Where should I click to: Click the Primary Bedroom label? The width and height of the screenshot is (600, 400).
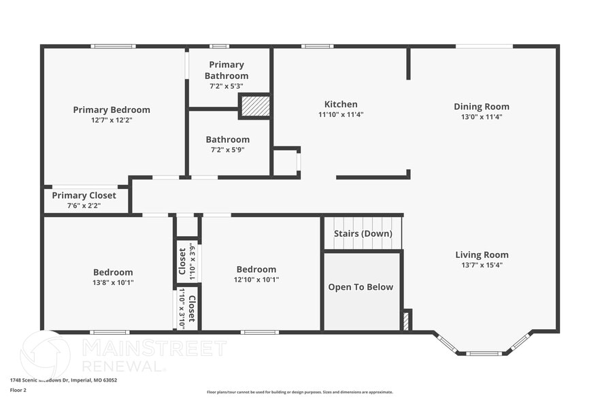[x=112, y=110]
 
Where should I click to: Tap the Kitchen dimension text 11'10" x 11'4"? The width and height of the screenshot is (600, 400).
[x=341, y=115]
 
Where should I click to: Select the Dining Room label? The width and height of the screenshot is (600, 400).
[x=482, y=107]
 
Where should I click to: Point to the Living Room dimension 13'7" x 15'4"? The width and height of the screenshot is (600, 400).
[x=482, y=265]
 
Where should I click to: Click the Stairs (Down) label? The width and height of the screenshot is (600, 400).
[x=363, y=234]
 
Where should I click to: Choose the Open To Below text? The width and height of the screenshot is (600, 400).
[x=361, y=287]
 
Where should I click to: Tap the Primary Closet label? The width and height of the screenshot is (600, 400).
[x=84, y=195]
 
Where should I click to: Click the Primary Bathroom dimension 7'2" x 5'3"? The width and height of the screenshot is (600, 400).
[x=227, y=86]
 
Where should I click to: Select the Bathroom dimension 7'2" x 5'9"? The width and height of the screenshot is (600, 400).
[x=228, y=150]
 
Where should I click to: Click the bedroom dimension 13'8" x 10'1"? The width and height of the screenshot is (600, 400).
[x=113, y=282]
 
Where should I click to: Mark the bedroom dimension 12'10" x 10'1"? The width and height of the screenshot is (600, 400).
[x=256, y=280]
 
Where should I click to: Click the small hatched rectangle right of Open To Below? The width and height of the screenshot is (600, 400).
[x=406, y=320]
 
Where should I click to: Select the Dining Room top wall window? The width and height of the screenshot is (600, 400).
[x=484, y=46]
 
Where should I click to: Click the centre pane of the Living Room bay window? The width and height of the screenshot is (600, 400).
[x=484, y=353]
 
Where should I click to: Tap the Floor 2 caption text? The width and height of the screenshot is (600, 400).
[x=18, y=390]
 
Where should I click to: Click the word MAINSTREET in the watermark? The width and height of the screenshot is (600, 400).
[x=154, y=348]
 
